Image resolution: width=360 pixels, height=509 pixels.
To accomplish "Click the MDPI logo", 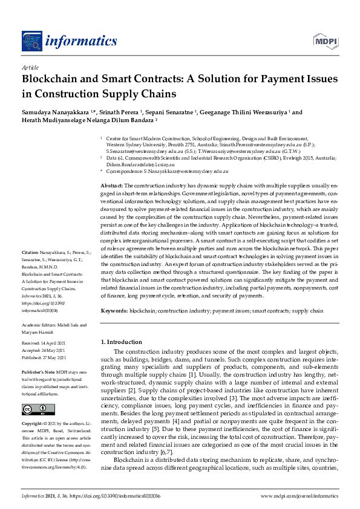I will [326, 41].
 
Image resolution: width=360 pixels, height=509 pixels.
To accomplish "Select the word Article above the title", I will [30, 68].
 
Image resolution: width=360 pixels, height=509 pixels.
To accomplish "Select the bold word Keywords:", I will [114, 310].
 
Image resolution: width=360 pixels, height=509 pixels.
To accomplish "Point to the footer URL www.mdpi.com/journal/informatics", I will [299, 496].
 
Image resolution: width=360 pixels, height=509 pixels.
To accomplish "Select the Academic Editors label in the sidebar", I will [41, 325].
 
